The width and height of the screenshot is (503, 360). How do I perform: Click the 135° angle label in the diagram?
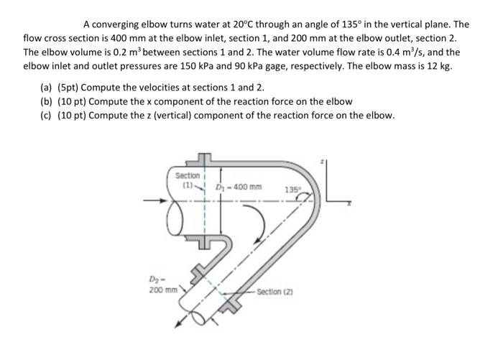292,190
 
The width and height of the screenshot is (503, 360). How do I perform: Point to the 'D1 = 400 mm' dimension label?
239,188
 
